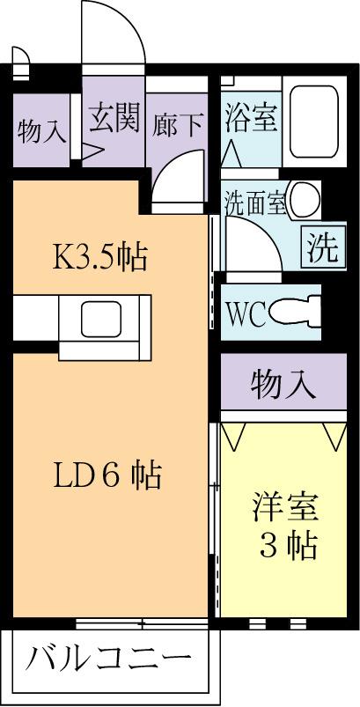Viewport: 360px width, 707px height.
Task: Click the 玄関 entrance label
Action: coord(113,117)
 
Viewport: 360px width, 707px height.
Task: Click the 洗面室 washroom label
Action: coord(253,203)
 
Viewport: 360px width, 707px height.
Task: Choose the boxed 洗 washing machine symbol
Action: coord(320,247)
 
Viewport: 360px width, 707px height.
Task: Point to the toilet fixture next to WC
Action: coord(295,311)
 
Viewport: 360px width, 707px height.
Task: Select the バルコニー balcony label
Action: coord(107,659)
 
